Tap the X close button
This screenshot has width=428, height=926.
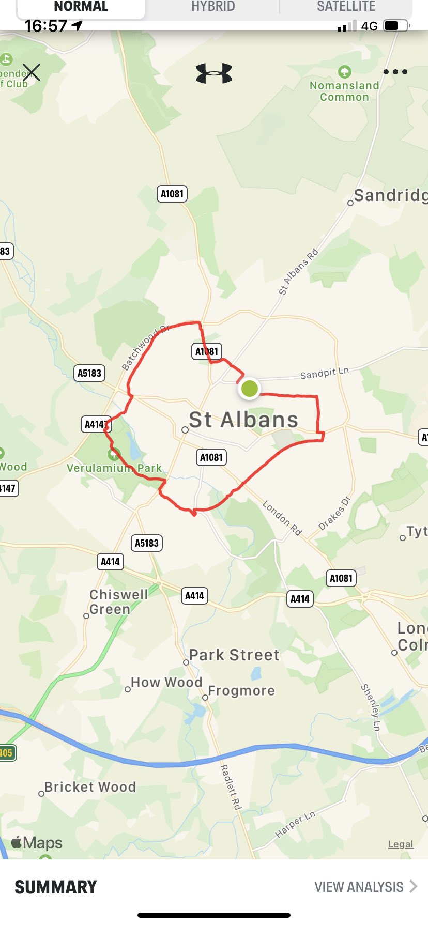click(x=32, y=72)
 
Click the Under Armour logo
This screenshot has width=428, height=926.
click(x=214, y=73)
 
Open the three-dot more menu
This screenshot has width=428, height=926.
click(x=395, y=72)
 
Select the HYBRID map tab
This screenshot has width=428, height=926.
click(x=213, y=7)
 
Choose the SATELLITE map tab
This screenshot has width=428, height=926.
click(x=346, y=7)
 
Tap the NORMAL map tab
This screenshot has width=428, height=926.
click(x=81, y=7)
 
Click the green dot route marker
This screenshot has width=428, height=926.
click(x=250, y=388)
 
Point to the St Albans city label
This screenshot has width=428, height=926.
click(x=243, y=420)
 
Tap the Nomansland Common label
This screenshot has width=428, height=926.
click(x=344, y=91)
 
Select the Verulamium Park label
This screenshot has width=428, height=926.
click(x=114, y=468)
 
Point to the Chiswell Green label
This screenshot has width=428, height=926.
click(x=118, y=602)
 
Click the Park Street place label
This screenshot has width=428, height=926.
click(x=234, y=655)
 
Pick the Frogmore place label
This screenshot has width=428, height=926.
click(x=241, y=691)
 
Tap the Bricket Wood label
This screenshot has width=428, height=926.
click(x=90, y=787)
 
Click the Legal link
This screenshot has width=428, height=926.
click(x=401, y=844)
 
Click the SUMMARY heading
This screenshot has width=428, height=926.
click(x=56, y=887)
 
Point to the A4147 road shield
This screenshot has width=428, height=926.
click(x=97, y=424)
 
